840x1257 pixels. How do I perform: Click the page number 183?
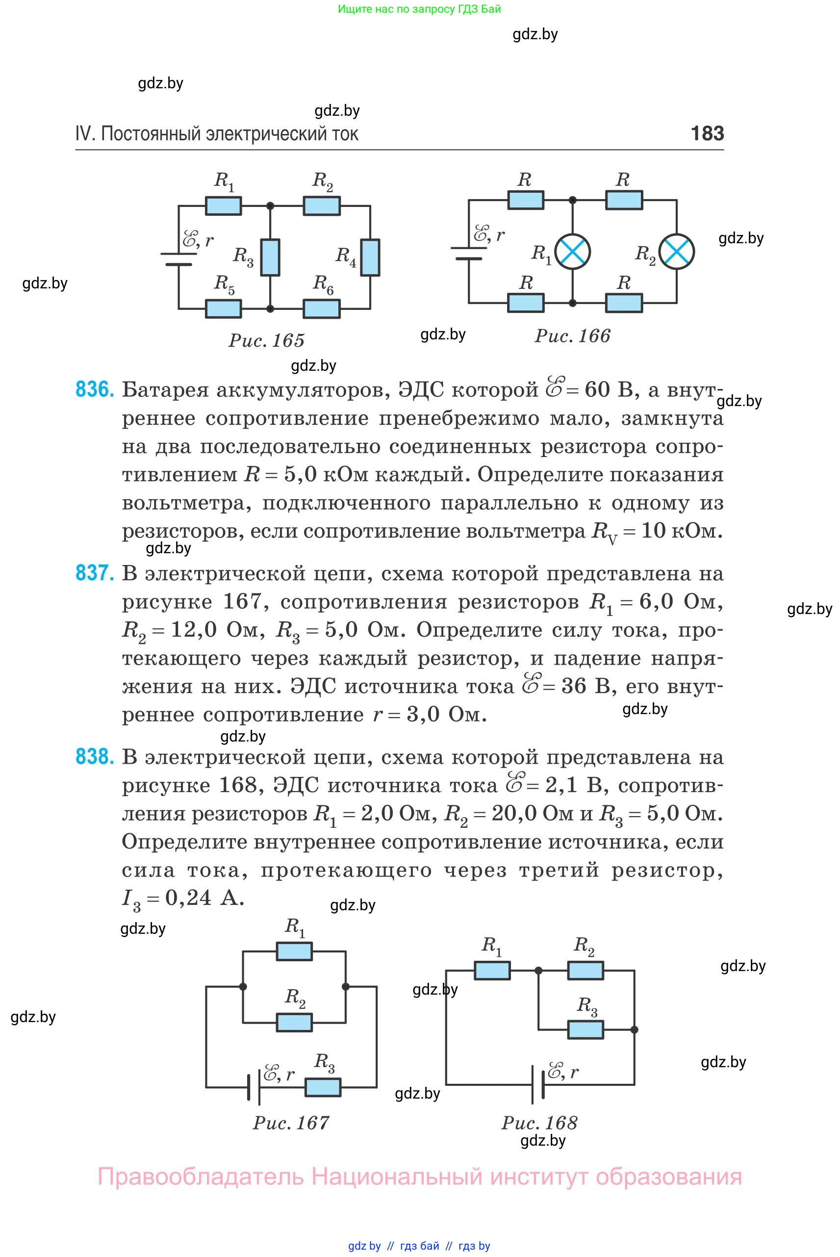(x=707, y=133)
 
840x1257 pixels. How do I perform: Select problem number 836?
(x=94, y=389)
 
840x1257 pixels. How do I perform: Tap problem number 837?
(x=94, y=573)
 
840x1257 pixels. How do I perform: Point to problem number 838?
(x=94, y=756)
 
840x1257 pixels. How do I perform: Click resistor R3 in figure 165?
(x=270, y=257)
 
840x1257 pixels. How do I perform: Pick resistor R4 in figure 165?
(x=370, y=257)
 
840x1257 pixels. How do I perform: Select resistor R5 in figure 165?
(x=224, y=308)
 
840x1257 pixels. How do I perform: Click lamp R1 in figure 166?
(x=573, y=251)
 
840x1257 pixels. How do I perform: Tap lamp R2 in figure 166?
(x=677, y=251)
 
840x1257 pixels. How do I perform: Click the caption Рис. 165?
(x=266, y=340)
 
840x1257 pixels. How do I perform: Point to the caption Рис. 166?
(x=572, y=336)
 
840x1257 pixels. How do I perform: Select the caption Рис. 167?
(x=291, y=1123)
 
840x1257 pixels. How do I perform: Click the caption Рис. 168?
(x=539, y=1123)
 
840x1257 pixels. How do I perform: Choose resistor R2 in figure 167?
(x=294, y=1022)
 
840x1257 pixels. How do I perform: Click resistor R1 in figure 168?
(x=492, y=971)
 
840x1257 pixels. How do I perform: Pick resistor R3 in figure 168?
(x=585, y=1029)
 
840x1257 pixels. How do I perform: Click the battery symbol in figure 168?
(x=538, y=1084)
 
